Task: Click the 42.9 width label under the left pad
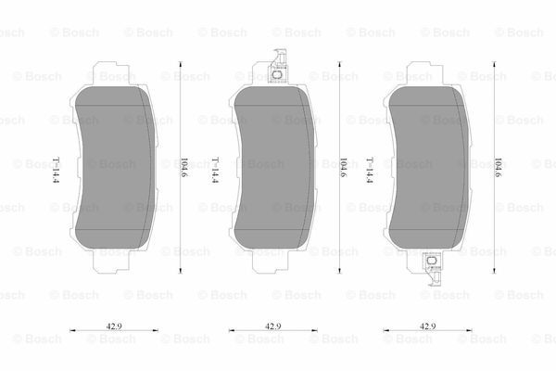coord(114,326)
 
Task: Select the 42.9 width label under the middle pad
coord(273,326)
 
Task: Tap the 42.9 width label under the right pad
coord(427,326)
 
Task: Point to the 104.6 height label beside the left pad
coord(184,168)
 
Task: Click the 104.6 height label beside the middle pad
coord(343,168)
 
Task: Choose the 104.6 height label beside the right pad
coord(498,168)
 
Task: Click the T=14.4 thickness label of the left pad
coord(56,170)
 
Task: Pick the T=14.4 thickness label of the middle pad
coord(215,170)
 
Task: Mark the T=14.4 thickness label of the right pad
coord(370,170)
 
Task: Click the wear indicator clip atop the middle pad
coord(278,67)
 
